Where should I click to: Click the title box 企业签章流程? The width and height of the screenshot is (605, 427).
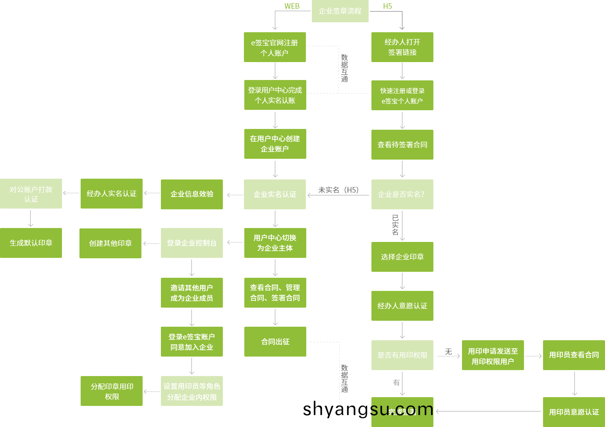(340, 11)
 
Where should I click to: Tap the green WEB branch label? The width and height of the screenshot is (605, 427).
(292, 6)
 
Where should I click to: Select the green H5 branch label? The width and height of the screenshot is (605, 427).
(387, 6)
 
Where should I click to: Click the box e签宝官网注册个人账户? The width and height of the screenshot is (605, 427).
(274, 47)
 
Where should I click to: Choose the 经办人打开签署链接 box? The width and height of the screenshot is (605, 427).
(402, 47)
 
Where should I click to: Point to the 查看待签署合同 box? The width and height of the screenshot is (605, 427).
(402, 145)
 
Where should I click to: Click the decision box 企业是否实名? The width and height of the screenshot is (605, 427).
(402, 194)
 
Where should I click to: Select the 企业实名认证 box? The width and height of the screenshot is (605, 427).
(274, 194)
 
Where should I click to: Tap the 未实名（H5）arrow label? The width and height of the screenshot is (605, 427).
(338, 190)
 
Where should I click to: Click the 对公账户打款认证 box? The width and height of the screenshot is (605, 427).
(31, 194)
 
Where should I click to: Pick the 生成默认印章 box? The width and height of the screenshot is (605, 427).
(31, 243)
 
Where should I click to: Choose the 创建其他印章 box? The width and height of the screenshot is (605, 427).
(110, 243)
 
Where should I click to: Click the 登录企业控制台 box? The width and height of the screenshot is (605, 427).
(191, 243)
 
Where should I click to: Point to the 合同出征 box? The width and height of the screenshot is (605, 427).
(275, 341)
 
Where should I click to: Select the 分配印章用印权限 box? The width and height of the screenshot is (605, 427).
(112, 391)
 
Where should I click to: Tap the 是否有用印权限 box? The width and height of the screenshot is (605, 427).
(402, 355)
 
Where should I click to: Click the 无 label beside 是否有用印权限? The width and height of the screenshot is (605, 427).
(448, 352)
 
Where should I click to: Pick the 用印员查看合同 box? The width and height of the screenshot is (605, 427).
(574, 355)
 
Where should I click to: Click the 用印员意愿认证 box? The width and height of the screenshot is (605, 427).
(574, 412)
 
